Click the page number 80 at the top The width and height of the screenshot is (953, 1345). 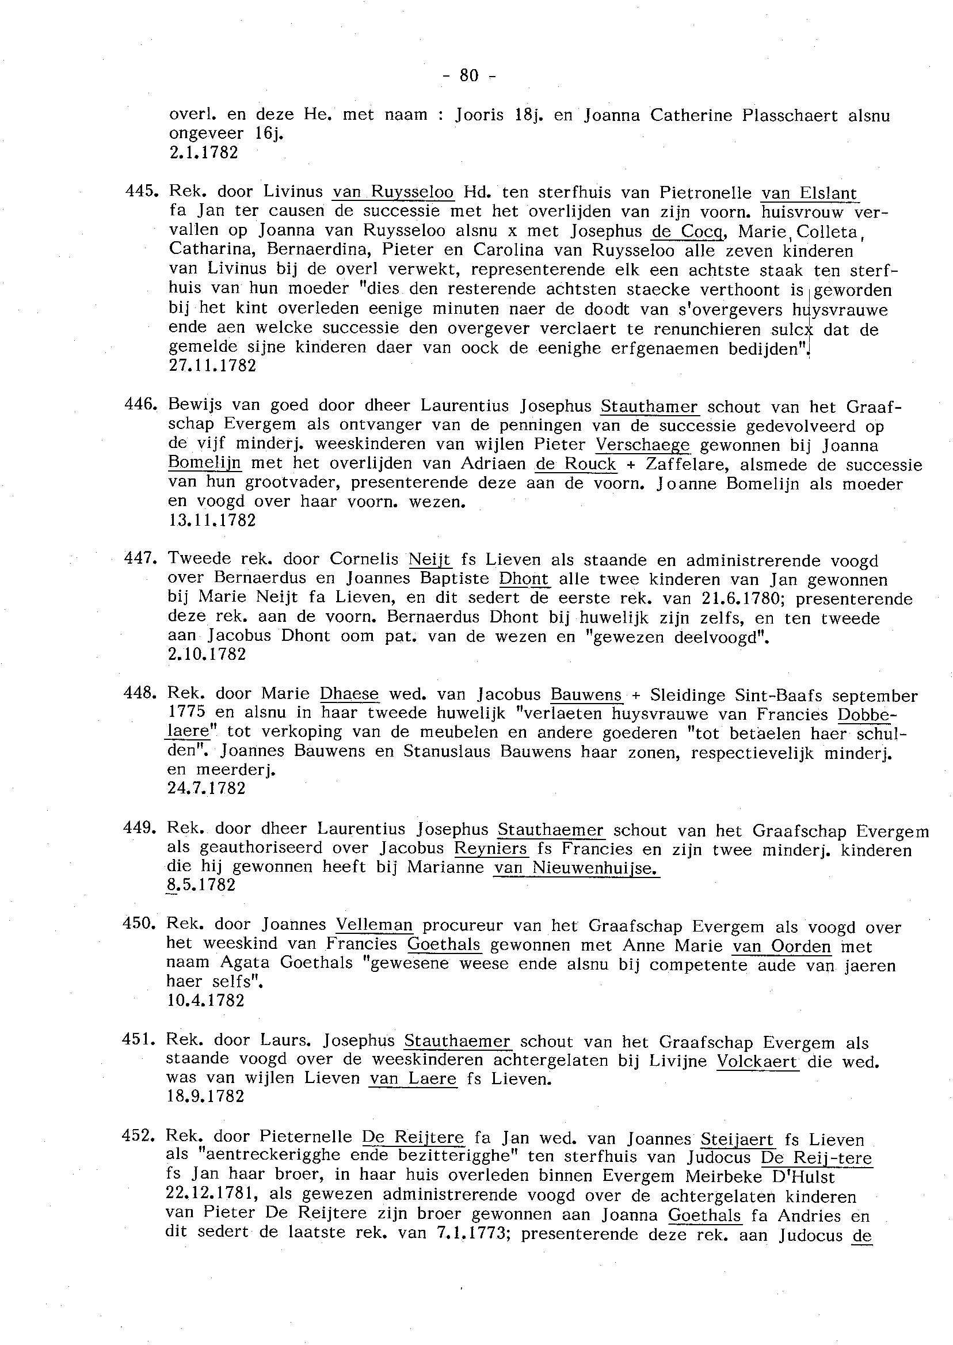pos(469,75)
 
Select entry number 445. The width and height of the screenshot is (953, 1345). pos(140,191)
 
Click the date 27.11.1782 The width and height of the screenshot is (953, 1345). pos(212,366)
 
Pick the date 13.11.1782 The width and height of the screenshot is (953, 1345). pos(212,520)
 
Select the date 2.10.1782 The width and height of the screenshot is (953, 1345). pos(207,654)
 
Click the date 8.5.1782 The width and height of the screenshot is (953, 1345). pos(201,885)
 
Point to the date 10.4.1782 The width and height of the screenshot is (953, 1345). pos(206,1000)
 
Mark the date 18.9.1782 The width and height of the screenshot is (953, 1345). pos(206,1096)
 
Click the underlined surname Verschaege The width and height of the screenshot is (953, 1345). pos(643,445)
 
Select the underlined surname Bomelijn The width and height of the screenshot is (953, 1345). pos(204,463)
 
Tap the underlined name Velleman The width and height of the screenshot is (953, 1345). pos(375,925)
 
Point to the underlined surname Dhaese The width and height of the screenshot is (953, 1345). pos(349,694)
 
